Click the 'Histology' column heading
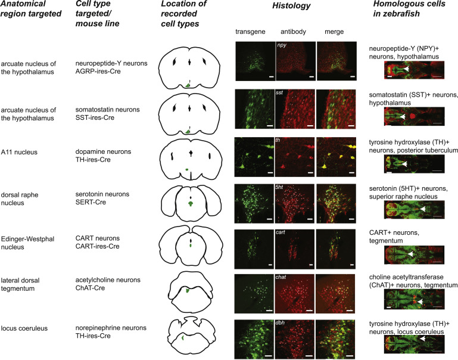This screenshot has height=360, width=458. tap(291, 6)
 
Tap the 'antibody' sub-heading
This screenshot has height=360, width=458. tap(293, 32)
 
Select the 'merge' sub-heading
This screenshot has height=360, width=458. tap(334, 32)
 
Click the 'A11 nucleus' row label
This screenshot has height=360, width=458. tap(19, 152)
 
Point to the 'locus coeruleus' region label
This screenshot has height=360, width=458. tap(24, 328)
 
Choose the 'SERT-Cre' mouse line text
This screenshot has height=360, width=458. tap(91, 202)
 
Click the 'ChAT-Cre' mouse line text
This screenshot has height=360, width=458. tap(90, 288)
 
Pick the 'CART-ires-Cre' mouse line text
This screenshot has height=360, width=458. tap(97, 246)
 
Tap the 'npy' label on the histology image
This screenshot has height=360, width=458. tap(282, 45)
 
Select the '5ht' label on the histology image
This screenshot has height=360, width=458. tap(279, 187)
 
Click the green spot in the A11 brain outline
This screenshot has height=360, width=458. tap(187, 169)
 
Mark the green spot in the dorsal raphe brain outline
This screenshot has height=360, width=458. tap(191, 203)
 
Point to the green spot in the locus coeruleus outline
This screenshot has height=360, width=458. tap(183, 337)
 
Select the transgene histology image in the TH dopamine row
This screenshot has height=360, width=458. tap(254, 157)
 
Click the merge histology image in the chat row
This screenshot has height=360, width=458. tap(335, 294)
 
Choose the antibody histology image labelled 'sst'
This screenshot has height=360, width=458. tap(295, 109)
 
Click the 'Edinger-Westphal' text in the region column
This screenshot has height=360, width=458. tap(27, 239)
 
